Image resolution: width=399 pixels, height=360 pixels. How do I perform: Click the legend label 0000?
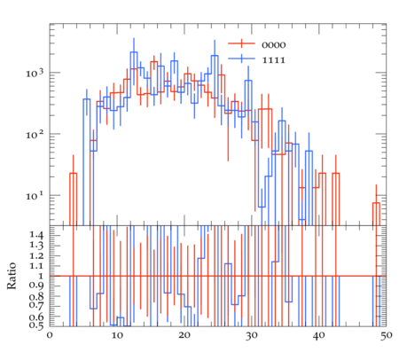(x=274, y=45)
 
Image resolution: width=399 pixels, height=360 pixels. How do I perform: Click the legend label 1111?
(x=274, y=60)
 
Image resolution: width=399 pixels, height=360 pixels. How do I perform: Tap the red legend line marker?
(x=241, y=43)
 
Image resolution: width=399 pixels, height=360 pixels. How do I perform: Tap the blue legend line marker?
(x=241, y=59)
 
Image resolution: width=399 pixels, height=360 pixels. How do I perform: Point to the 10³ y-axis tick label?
(x=35, y=72)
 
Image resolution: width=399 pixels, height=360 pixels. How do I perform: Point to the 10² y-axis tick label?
(x=35, y=134)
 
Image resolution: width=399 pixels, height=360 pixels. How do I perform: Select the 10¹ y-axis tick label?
(x=35, y=195)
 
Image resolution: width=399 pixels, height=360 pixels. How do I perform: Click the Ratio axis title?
(x=12, y=276)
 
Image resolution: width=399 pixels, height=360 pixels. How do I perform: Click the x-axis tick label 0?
(x=50, y=335)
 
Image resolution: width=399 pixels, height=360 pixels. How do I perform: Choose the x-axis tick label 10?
(x=117, y=335)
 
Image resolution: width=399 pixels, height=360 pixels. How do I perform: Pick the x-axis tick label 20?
(x=184, y=335)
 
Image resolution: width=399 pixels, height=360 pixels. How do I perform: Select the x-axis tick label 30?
(x=252, y=335)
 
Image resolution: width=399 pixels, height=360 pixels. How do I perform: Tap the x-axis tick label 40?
(x=319, y=335)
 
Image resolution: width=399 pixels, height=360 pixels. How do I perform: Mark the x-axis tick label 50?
(x=387, y=335)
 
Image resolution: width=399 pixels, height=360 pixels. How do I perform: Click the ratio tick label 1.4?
(x=37, y=235)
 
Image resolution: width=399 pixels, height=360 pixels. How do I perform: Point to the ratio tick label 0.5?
(x=36, y=325)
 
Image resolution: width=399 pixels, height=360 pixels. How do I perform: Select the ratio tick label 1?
(x=41, y=276)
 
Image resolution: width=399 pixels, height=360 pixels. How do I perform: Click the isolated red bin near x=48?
(x=376, y=214)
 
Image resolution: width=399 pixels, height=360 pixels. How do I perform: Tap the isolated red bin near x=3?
(x=73, y=200)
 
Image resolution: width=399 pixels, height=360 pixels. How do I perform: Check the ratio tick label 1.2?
(x=37, y=256)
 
